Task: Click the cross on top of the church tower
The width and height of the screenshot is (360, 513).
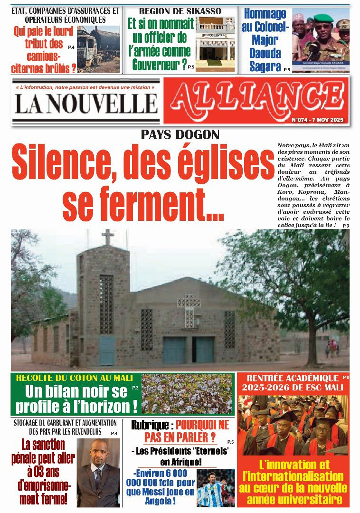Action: tap(108, 236)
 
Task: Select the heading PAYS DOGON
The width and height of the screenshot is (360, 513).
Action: tap(180, 135)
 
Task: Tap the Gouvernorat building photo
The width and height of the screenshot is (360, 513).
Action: tap(215, 44)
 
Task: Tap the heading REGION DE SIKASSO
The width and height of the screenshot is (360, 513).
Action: tap(180, 10)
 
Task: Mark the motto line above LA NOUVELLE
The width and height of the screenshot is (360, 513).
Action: tap(85, 87)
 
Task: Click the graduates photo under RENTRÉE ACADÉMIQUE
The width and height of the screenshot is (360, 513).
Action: tap(293, 425)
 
